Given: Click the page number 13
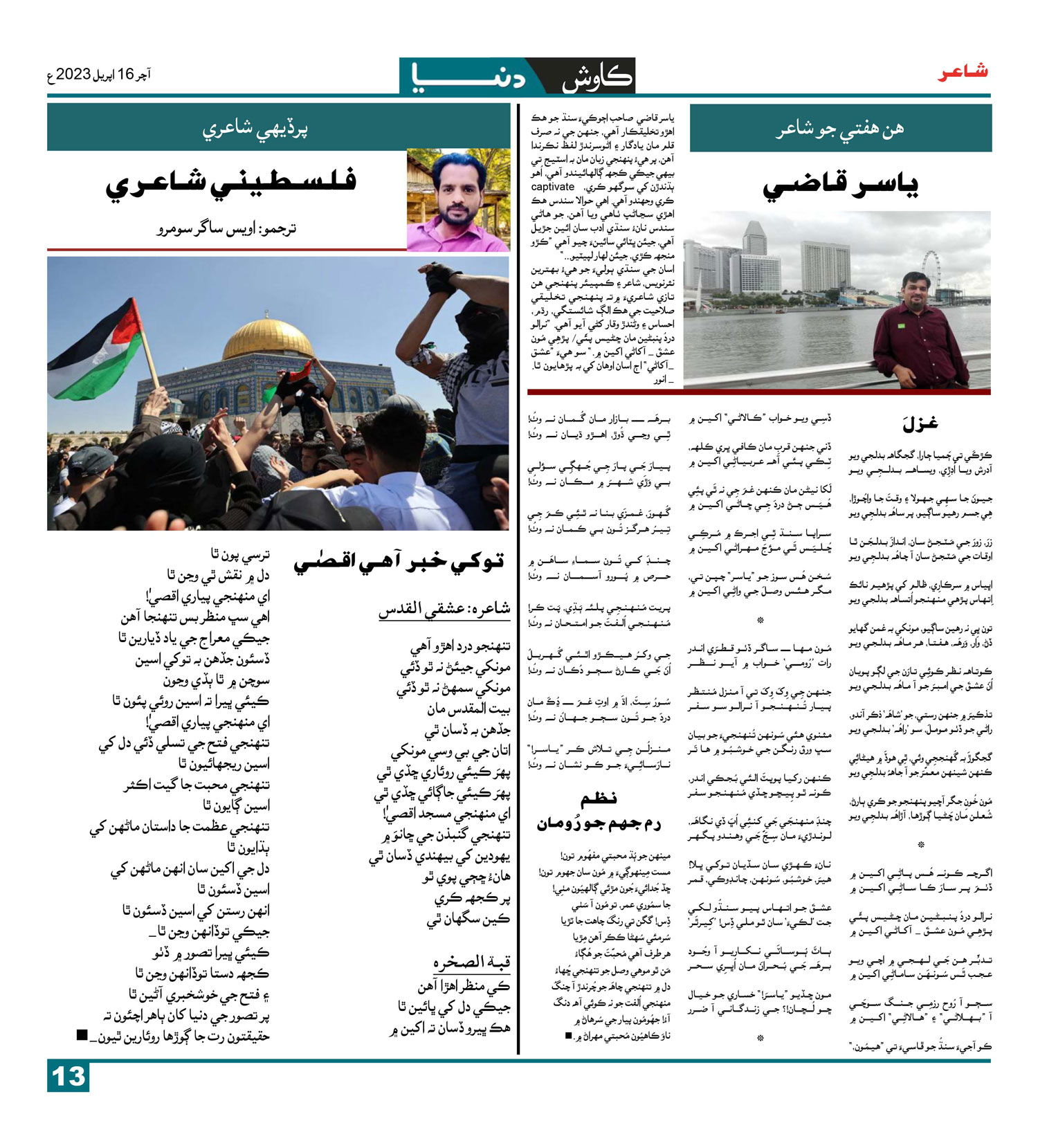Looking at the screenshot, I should pyautogui.click(x=69, y=1077).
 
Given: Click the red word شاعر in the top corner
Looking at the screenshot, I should pyautogui.click(x=963, y=72).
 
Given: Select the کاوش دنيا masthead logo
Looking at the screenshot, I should pyautogui.click(x=517, y=76).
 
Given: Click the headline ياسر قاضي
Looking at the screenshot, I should pyautogui.click(x=840, y=185).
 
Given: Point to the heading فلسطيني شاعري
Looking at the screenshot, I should pyautogui.click(x=231, y=181).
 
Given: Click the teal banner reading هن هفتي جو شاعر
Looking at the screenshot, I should pyautogui.click(x=840, y=129).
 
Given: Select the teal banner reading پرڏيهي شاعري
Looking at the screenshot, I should pyautogui.click(x=255, y=129).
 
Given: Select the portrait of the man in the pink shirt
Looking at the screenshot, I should pyautogui.click(x=458, y=201).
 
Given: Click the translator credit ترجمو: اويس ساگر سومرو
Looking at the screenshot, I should pyautogui.click(x=226, y=228).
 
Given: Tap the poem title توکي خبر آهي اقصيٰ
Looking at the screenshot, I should pyautogui.click(x=399, y=562).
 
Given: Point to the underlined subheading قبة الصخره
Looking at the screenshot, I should pyautogui.click(x=471, y=962).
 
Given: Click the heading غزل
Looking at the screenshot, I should pyautogui.click(x=920, y=423).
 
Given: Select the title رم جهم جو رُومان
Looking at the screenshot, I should pyautogui.click(x=599, y=823).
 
